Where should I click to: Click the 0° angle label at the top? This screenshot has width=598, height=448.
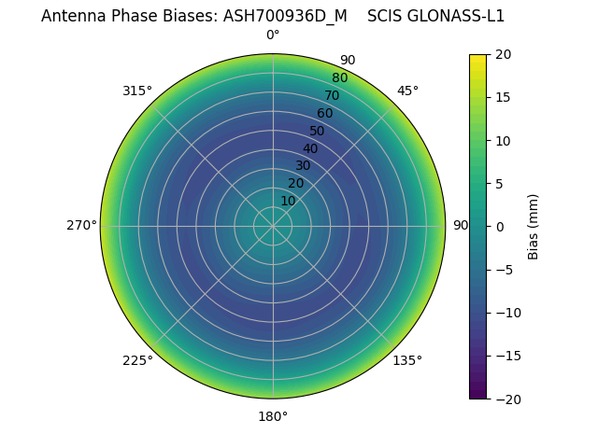[x=273, y=35]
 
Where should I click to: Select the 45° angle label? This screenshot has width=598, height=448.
[x=407, y=91]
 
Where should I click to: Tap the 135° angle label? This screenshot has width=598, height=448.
[x=407, y=360]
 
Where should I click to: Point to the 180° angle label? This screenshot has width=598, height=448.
[x=273, y=416]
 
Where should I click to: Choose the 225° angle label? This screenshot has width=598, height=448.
[x=137, y=360]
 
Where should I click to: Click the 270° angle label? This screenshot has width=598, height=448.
[x=81, y=226]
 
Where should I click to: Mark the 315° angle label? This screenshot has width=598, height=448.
[x=137, y=91]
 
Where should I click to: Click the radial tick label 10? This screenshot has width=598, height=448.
[x=288, y=201]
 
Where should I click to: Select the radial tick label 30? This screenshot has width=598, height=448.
[x=303, y=166]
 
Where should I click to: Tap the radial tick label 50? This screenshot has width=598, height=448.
[x=318, y=131]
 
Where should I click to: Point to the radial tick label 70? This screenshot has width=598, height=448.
[x=332, y=95]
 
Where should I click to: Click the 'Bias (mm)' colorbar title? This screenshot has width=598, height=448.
[x=534, y=226]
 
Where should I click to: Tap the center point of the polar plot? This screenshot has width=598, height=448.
[x=273, y=226]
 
